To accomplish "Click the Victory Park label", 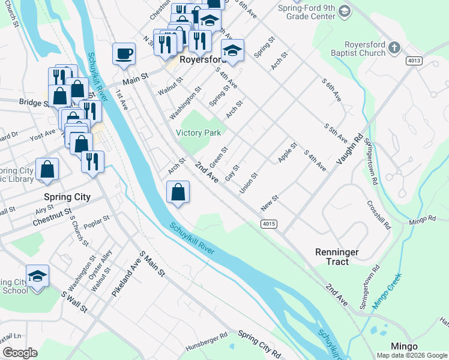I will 198,133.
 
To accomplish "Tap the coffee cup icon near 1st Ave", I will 124,54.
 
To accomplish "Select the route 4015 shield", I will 269,224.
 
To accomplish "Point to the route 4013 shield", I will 414,61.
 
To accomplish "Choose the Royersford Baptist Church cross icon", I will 394,47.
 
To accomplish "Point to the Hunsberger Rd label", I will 206,338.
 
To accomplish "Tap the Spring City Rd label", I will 259,341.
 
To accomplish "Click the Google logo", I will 19,352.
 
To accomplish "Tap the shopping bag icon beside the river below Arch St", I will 178,193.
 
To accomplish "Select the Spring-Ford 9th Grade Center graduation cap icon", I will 344,11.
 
